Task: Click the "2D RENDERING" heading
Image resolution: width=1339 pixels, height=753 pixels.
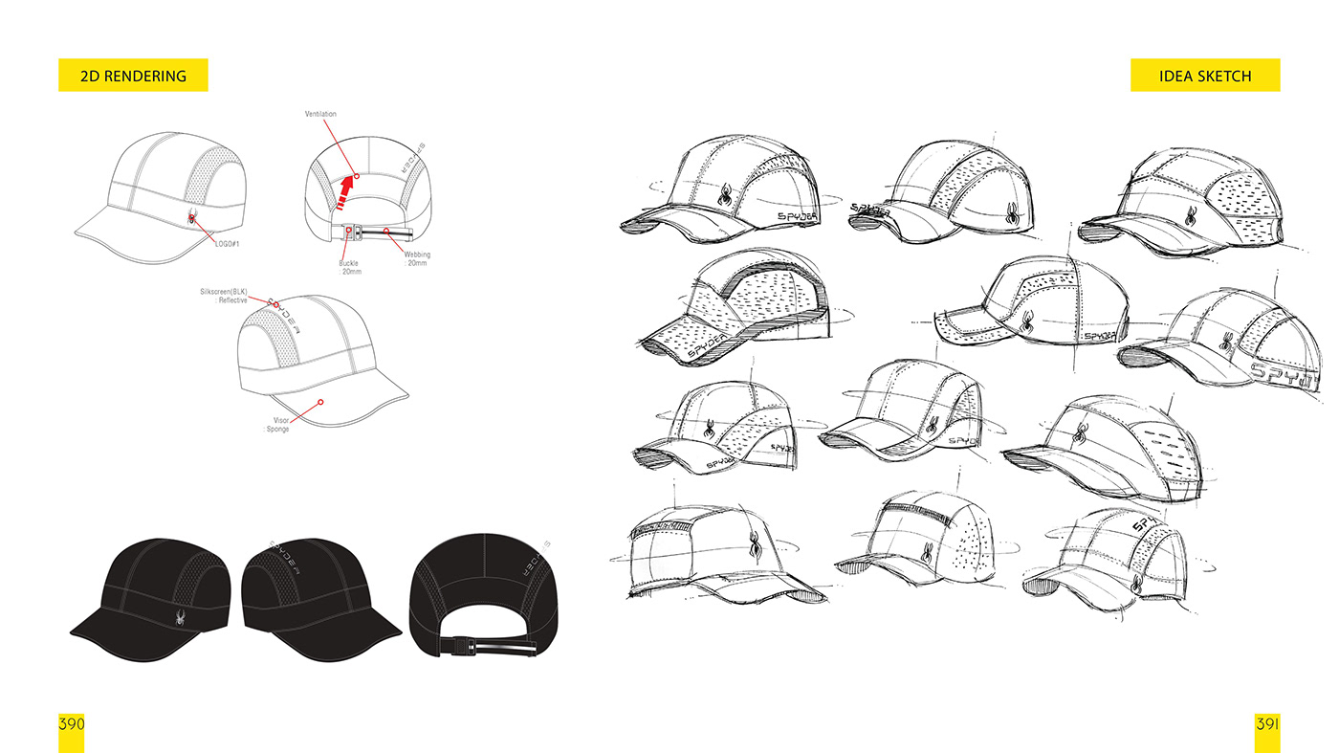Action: [133, 76]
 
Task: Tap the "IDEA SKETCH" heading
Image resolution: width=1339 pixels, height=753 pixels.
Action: [1204, 76]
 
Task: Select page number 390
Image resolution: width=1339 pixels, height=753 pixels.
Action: [72, 723]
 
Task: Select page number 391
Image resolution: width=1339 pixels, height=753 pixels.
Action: [1267, 723]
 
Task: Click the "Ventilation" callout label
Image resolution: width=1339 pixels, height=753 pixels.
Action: [320, 115]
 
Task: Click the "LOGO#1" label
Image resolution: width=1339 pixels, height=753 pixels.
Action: [230, 243]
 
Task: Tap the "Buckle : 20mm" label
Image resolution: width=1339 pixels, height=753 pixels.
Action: [348, 267]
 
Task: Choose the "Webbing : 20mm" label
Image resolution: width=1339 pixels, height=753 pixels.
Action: [415, 258]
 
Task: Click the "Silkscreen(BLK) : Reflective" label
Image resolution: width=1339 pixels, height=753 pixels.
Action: [223, 295]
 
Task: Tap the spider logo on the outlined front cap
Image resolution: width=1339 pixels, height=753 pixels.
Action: [192, 218]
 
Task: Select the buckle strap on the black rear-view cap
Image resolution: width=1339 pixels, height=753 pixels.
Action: [488, 651]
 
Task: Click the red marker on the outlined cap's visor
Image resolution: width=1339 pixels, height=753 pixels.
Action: [321, 403]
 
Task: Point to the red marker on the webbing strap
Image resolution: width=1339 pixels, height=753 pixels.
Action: [385, 232]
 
